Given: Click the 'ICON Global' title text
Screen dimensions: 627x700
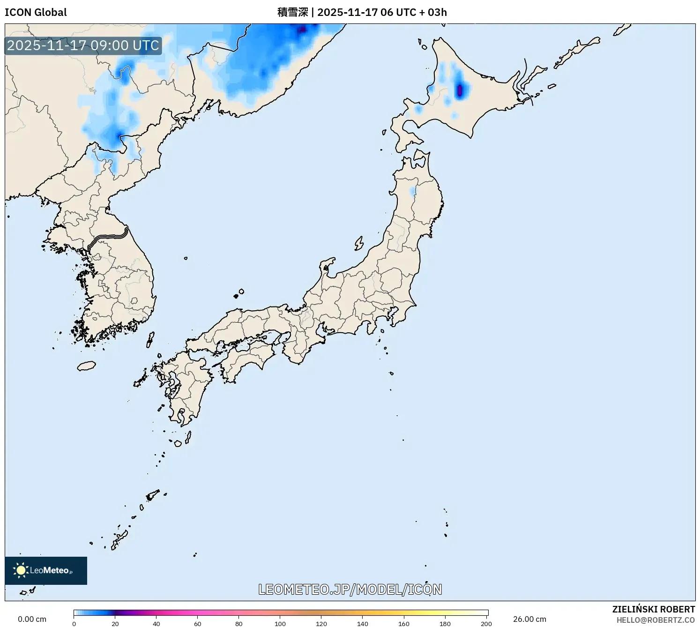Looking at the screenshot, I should click(x=36, y=12).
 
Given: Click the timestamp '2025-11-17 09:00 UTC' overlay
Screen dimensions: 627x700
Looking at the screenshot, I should click(x=83, y=45).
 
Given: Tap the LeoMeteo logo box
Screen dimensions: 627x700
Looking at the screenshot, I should click(x=46, y=570).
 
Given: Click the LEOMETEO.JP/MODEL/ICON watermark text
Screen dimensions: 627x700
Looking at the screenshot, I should click(x=350, y=590).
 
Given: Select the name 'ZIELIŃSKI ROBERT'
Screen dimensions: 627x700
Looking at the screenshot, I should click(x=653, y=609).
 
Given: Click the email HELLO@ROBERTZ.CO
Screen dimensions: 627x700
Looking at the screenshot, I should click(x=655, y=620).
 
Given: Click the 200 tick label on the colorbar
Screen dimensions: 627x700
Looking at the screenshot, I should click(x=486, y=624).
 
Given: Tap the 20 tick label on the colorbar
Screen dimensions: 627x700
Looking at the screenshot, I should click(x=115, y=624).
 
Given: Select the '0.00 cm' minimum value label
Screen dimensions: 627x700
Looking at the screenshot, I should click(x=32, y=619).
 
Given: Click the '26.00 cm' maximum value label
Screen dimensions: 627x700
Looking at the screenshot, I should click(x=529, y=619).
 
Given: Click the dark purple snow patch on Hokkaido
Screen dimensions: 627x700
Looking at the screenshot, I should click(x=460, y=89).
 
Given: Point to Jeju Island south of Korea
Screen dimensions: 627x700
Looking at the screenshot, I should click(x=86, y=366).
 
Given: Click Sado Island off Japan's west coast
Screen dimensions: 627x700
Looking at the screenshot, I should click(x=359, y=243).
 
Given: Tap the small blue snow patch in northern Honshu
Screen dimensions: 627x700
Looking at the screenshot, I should click(x=413, y=191).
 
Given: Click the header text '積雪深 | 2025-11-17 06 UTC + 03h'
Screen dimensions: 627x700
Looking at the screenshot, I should click(x=362, y=12).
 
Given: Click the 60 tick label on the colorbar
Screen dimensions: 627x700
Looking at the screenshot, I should click(x=198, y=624).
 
